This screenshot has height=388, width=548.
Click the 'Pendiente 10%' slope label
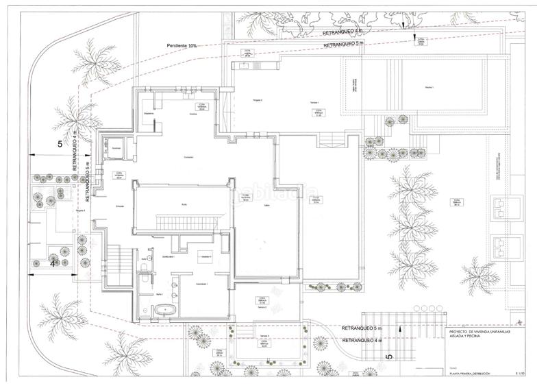[x=182, y=46]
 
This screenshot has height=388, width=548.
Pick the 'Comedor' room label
[x=189, y=158]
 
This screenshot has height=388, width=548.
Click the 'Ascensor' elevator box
[x=116, y=146]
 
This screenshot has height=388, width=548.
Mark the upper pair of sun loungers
[x=505, y=206]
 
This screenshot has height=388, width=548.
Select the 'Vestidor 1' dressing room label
[x=203, y=256]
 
